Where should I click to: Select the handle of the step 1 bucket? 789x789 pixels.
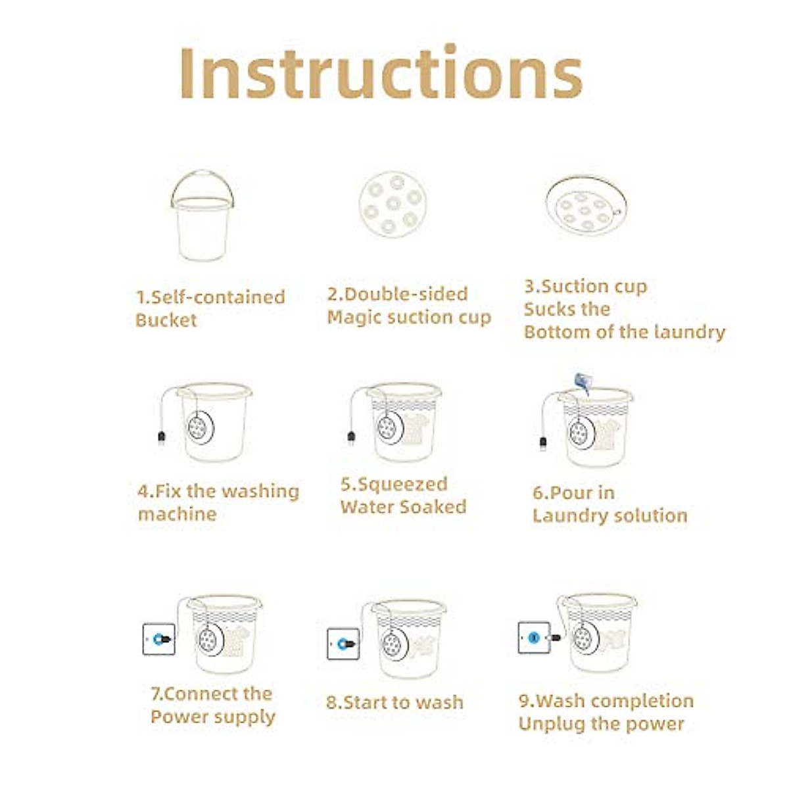pyautogui.click(x=202, y=179)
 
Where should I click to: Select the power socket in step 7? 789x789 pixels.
pyautogui.click(x=159, y=639)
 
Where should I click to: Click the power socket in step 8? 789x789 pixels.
pyautogui.click(x=343, y=644)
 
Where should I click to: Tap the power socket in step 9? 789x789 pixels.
pyautogui.click(x=533, y=637)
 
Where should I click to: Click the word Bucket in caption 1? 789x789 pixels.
pyautogui.click(x=166, y=321)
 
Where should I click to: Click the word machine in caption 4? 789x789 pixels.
pyautogui.click(x=177, y=514)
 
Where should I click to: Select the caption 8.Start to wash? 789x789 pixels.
pyautogui.click(x=394, y=703)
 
